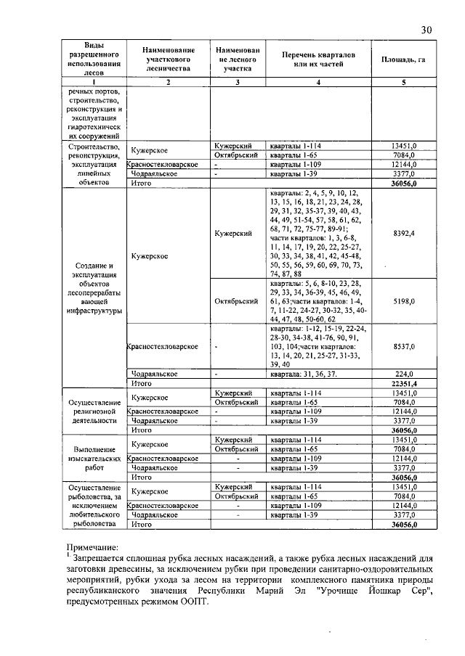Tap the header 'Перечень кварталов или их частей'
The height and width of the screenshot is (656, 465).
pos(319,59)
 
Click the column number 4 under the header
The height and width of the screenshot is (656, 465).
pos(318,82)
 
